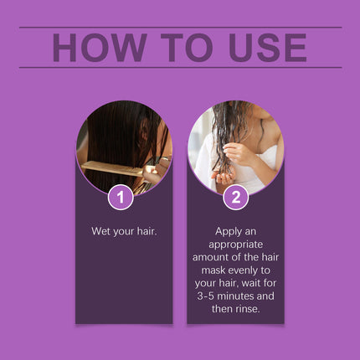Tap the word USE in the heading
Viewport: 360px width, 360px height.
[x=260, y=48]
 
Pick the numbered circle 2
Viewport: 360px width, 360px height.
[x=236, y=198]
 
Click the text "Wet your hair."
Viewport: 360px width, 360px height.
[x=124, y=229]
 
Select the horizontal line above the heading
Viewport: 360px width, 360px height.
[x=180, y=27]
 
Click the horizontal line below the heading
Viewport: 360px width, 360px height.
[x=180, y=68]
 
